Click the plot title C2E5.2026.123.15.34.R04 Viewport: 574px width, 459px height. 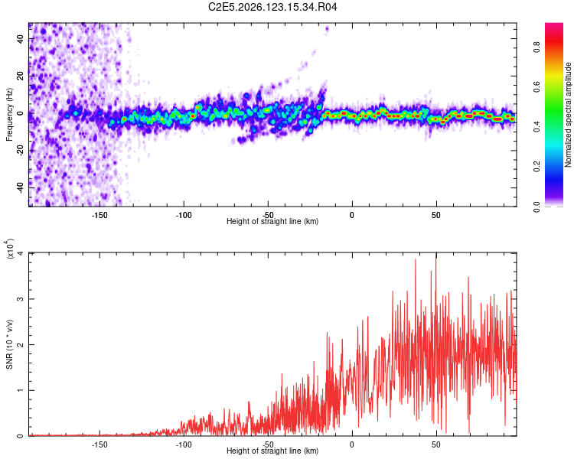click(x=272, y=7)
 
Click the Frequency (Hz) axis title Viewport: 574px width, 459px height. click(x=9, y=115)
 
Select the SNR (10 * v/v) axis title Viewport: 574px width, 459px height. click(x=9, y=344)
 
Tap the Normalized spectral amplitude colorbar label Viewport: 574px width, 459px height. click(x=568, y=115)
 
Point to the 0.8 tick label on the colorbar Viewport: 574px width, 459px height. click(x=536, y=47)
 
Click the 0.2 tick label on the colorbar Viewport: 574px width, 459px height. click(x=536, y=167)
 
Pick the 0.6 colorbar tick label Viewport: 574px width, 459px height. click(x=536, y=87)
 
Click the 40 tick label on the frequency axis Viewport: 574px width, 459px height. click(x=21, y=38)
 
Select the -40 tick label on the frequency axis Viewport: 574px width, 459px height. click(x=21, y=187)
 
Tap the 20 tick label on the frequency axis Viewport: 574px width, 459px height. click(x=21, y=76)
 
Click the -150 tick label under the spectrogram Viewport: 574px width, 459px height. click(x=99, y=215)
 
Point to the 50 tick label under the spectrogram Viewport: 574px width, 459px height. click(x=436, y=215)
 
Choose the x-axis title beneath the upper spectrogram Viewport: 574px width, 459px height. click(x=272, y=221)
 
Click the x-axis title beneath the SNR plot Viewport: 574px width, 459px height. click(x=272, y=451)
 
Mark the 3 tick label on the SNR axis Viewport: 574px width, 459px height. click(x=21, y=299)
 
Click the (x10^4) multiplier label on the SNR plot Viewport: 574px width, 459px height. click(x=10, y=249)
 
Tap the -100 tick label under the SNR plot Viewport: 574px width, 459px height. click(x=184, y=444)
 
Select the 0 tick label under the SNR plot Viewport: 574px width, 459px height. click(x=352, y=444)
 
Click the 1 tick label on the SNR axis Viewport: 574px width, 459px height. click(x=21, y=390)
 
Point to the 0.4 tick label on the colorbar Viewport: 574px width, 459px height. click(x=536, y=127)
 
